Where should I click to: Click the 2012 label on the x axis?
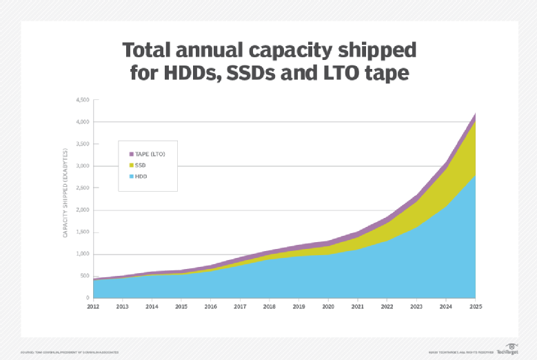click(x=93, y=306)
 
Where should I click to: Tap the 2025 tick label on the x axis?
click(x=476, y=306)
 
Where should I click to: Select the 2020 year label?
click(x=328, y=306)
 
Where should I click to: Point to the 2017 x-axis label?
click(x=240, y=306)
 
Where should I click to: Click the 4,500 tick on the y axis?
click(x=83, y=100)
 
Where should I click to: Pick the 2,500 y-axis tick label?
click(x=83, y=188)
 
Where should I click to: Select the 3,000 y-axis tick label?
click(x=83, y=166)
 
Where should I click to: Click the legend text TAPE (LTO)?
click(x=151, y=153)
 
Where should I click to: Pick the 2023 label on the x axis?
click(x=416, y=306)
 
